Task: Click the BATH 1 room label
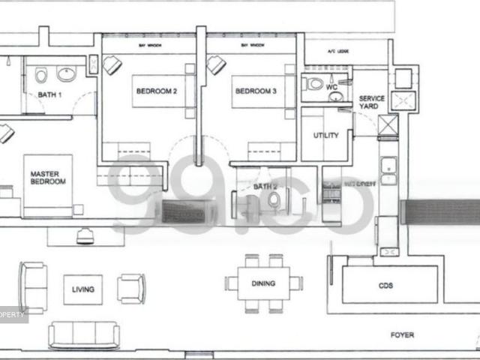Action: click(49, 94)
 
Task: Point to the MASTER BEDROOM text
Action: click(48, 178)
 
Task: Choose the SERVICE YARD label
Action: click(371, 103)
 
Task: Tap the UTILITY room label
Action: click(325, 136)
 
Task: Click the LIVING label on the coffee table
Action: click(82, 289)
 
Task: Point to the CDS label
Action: click(386, 286)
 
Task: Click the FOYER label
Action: click(402, 335)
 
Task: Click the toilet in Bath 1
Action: click(42, 74)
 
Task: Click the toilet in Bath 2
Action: click(274, 199)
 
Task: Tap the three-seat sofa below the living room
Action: click(83, 334)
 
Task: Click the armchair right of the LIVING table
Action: click(131, 288)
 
